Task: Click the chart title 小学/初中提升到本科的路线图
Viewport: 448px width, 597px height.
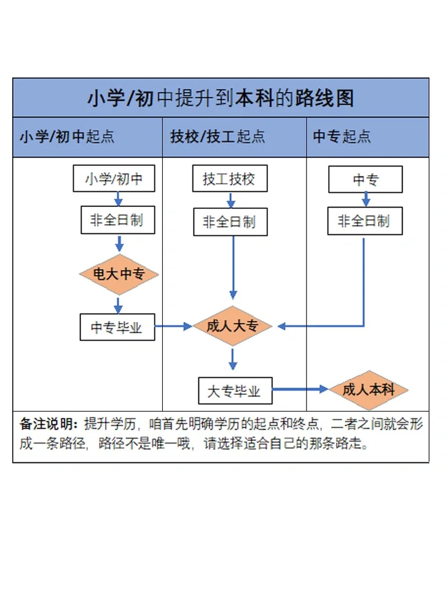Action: [221, 98]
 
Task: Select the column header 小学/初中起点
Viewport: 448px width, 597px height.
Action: [66, 136]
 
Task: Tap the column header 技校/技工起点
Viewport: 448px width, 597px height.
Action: [218, 136]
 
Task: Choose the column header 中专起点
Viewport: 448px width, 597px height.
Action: [342, 136]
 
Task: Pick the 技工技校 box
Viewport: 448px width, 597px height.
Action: [229, 180]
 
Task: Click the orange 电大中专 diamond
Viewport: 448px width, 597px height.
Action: [119, 275]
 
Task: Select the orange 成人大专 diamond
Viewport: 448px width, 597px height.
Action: [232, 326]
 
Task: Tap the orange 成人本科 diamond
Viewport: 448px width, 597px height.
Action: [369, 389]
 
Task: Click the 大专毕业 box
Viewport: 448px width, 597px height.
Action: [234, 391]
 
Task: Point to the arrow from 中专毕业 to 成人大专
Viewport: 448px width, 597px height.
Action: [174, 327]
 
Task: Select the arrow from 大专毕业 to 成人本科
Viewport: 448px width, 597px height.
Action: [301, 389]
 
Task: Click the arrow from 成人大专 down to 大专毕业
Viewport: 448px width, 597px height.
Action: [232, 359]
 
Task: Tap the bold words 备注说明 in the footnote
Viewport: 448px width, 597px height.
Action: [49, 424]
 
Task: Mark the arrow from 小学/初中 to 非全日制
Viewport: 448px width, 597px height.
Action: [119, 199]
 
